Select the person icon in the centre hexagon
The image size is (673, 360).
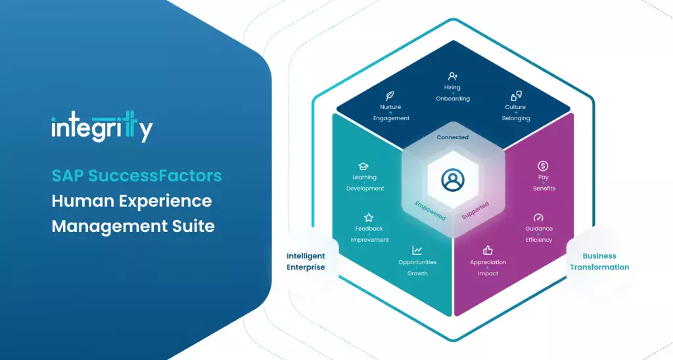tap(453, 180)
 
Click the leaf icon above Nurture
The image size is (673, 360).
tap(390, 95)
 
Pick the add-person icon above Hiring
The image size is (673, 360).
tap(453, 76)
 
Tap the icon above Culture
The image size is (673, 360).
tap(516, 96)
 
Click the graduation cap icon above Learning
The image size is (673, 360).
tap(364, 166)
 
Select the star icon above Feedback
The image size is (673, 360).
tap(369, 217)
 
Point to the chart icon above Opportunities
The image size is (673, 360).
tap(417, 250)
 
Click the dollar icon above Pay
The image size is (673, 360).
tap(543, 166)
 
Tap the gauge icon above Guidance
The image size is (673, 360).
tap(538, 217)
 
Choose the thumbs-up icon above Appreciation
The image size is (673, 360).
tap(488, 250)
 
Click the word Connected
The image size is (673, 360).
tap(453, 137)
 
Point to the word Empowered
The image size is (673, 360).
tap(430, 209)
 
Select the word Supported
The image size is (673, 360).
tap(475, 210)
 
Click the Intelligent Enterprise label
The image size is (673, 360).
tap(306, 261)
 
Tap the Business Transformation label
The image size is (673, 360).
tap(599, 261)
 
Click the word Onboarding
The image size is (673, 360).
tap(453, 99)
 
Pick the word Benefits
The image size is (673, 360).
tap(544, 189)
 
